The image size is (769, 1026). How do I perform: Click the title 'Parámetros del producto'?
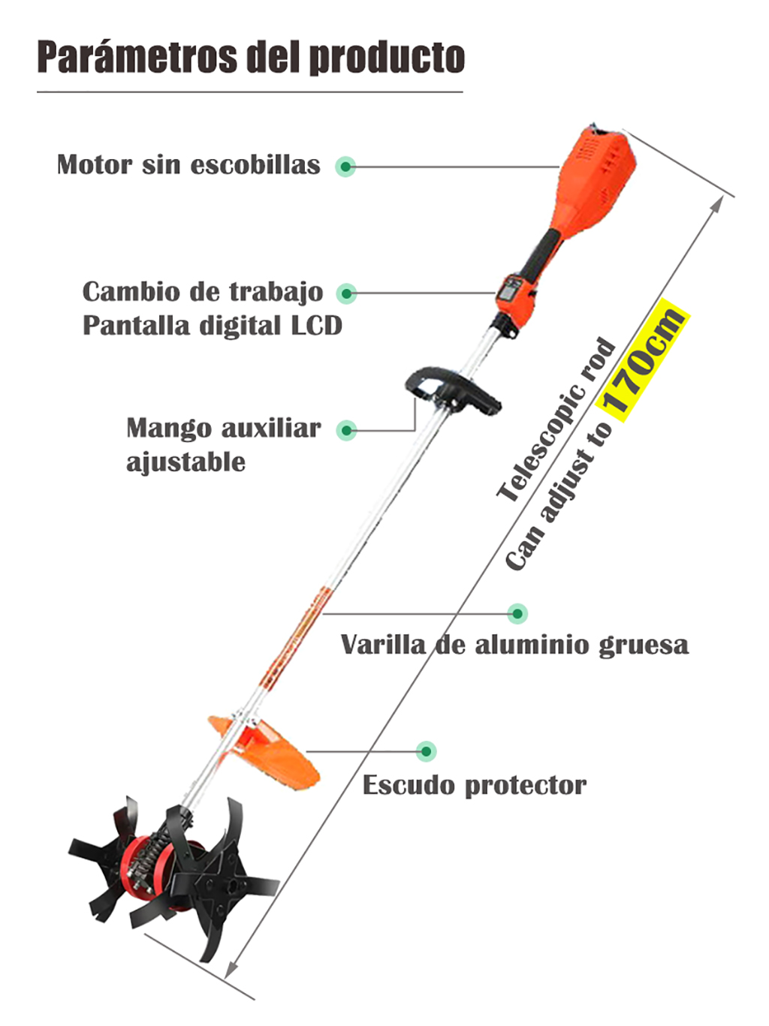point(251,58)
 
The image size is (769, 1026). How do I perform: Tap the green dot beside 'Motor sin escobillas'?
point(345,167)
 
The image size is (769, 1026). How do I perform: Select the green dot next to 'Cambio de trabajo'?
point(346,293)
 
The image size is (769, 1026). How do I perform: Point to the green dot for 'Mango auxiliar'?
point(347,430)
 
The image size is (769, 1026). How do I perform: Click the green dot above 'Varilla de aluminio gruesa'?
point(517,613)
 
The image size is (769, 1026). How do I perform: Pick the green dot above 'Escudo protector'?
point(426,751)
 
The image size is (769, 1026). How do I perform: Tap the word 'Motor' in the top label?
point(94,165)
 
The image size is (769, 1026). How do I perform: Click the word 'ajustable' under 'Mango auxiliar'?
point(186,462)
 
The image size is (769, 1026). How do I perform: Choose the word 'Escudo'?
point(409,784)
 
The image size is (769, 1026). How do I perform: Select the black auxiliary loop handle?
point(452,389)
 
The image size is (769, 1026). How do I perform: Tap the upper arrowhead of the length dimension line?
point(719,202)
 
